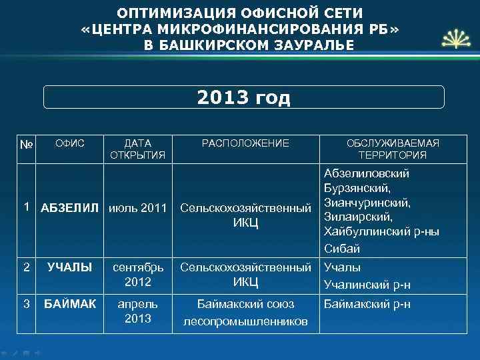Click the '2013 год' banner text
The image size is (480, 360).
[244, 99]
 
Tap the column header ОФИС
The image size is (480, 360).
[69, 143]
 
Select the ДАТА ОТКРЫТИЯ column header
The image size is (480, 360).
[138, 149]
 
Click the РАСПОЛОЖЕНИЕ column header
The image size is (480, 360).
[246, 143]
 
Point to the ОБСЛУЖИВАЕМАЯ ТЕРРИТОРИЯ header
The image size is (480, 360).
[392, 149]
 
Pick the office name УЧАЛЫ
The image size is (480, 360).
[69, 268]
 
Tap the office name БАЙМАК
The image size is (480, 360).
[69, 304]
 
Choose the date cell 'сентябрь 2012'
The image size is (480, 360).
[138, 275]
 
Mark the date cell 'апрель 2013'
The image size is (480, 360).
[138, 311]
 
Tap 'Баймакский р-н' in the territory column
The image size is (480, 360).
[367, 304]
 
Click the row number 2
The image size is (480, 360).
[26, 267]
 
